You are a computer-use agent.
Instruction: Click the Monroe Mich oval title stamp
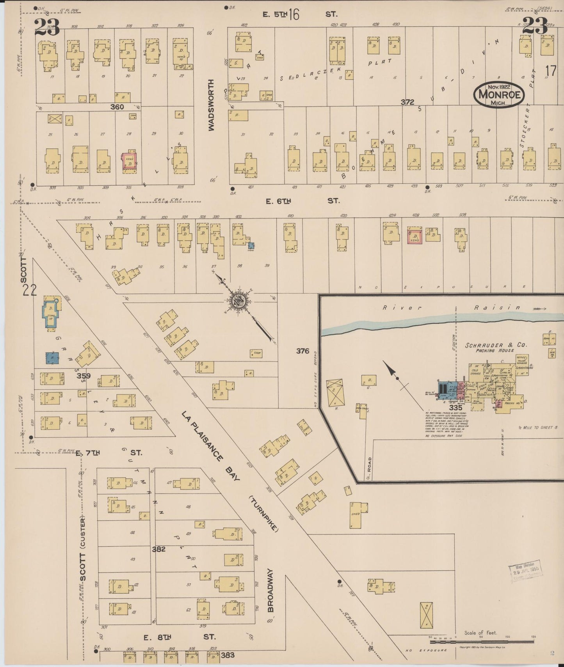click(499, 95)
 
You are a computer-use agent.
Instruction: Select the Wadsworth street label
click(211, 105)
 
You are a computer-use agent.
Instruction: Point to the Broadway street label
click(270, 590)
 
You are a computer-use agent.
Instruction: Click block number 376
click(302, 351)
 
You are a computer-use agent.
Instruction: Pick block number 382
click(159, 549)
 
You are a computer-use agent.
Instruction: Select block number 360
click(117, 107)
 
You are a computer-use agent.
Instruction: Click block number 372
click(407, 102)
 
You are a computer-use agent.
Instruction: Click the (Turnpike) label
click(264, 514)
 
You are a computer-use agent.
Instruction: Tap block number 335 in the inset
click(455, 408)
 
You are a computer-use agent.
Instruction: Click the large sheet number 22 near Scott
click(30, 290)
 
